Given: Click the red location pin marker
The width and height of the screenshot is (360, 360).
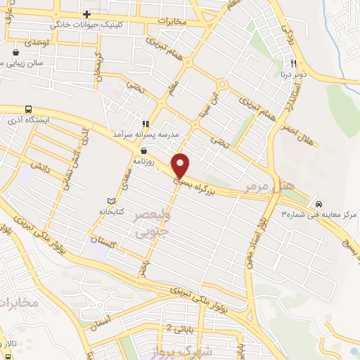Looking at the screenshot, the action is tap(181, 165).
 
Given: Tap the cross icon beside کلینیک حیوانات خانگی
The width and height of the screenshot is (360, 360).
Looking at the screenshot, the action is tap(86, 15).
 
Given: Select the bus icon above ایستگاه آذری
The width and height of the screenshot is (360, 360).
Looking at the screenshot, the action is tap(28, 110).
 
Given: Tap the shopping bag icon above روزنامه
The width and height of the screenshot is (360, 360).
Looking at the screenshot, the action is tap(143, 150).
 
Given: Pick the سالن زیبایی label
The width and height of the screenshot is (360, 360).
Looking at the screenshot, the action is tap(21, 63).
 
